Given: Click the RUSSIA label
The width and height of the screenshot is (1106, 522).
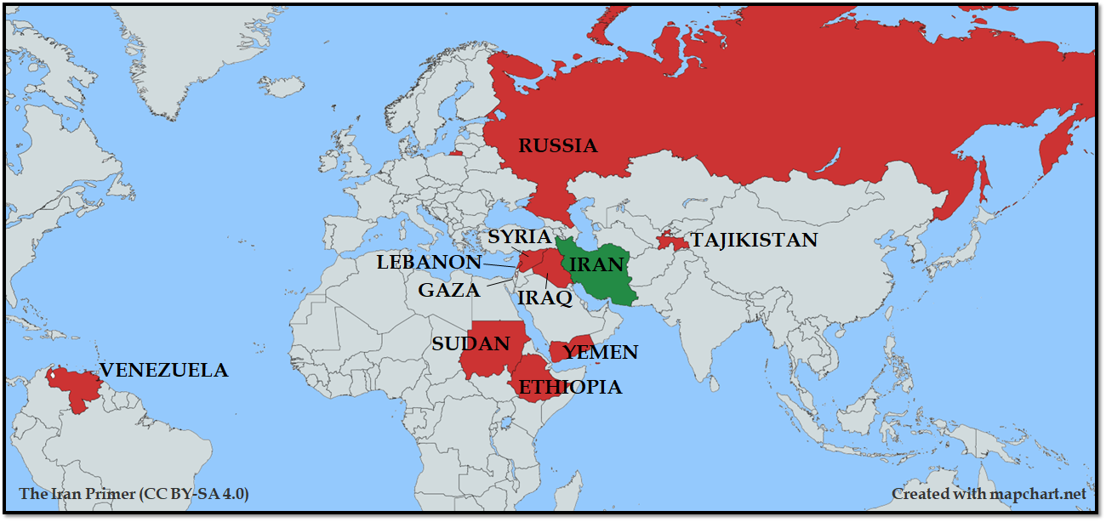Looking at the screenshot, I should [x=558, y=146].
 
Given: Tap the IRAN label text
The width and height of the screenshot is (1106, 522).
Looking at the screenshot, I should [x=596, y=264].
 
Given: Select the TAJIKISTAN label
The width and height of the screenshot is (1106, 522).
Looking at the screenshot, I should [x=754, y=241].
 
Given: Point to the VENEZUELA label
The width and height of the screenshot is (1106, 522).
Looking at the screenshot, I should [x=163, y=371].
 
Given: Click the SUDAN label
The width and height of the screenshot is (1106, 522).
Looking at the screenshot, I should [x=470, y=344].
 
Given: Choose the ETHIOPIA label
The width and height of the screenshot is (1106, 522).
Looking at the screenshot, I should [x=570, y=388].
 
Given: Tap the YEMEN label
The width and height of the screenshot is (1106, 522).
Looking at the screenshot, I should [x=601, y=353].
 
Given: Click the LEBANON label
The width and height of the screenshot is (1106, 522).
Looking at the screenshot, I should [x=429, y=263].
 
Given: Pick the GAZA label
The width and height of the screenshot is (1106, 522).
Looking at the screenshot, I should [x=448, y=291].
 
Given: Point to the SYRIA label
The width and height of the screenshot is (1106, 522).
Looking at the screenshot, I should [x=520, y=237].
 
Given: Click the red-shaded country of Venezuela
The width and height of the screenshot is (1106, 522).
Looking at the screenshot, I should [x=77, y=387].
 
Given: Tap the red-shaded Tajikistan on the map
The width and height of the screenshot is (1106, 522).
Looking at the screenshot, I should [x=671, y=241].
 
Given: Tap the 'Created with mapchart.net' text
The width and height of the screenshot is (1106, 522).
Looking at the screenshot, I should [x=989, y=494].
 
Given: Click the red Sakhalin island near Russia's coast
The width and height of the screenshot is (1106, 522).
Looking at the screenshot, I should [x=983, y=179].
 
